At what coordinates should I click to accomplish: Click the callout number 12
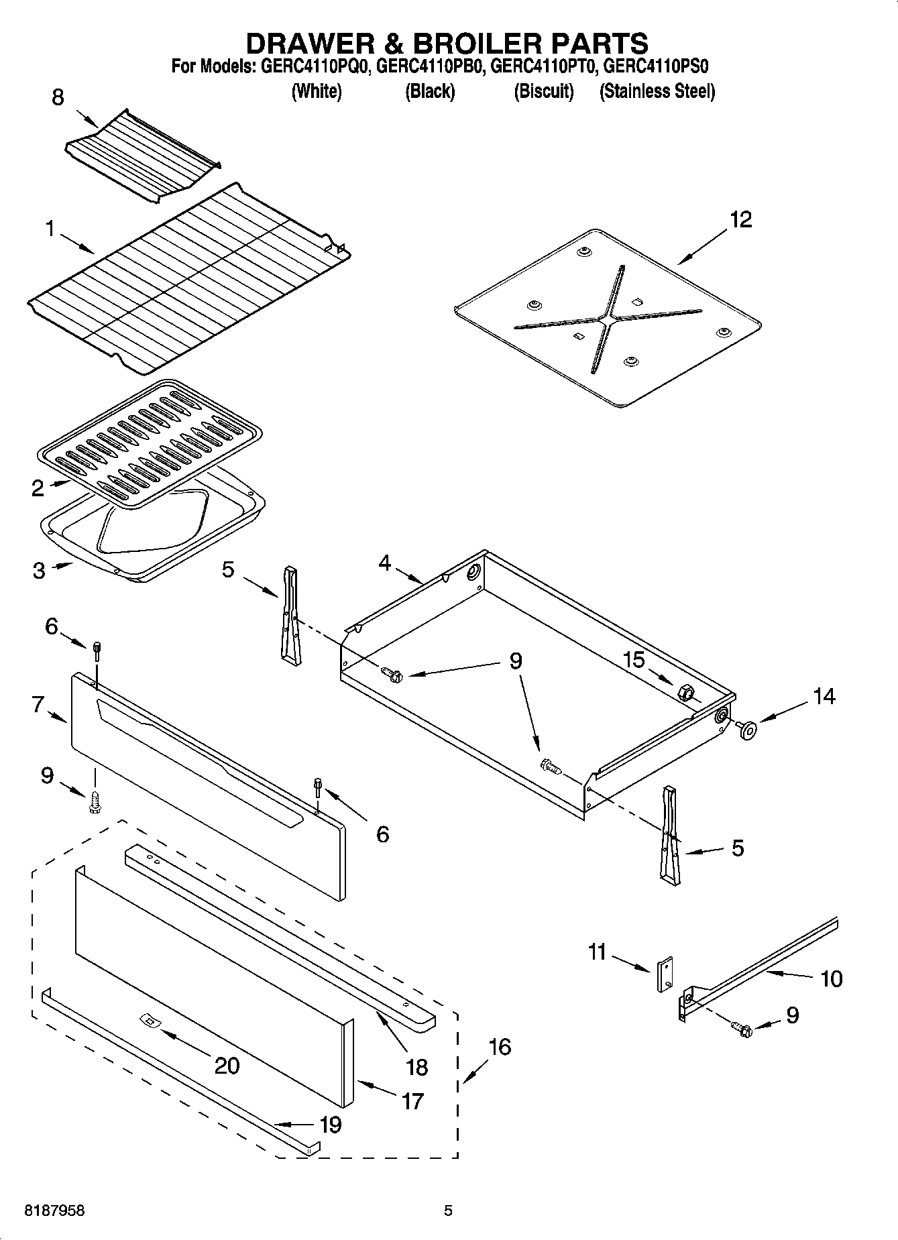[740, 220]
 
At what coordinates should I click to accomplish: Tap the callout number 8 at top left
[58, 98]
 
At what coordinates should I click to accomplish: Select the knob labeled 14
[746, 729]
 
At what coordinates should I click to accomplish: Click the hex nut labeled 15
[685, 692]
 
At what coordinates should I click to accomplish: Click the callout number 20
[226, 1065]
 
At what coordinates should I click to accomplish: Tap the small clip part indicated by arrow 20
[149, 1021]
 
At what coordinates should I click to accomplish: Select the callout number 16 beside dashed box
[500, 1046]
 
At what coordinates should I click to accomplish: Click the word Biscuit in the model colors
[543, 91]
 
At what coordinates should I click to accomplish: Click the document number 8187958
[54, 1210]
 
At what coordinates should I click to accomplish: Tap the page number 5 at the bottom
[449, 1210]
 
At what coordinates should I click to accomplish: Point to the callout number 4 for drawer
[384, 563]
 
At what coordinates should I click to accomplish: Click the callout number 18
[416, 1066]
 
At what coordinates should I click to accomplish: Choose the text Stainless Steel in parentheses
[657, 91]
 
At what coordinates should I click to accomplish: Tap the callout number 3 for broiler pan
[39, 571]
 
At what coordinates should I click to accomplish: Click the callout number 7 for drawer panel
[38, 704]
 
